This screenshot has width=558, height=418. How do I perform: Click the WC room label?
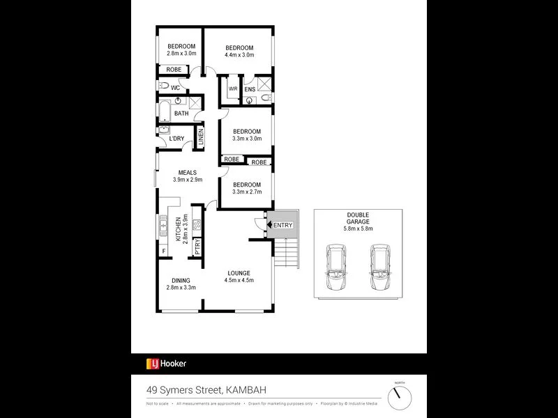176,88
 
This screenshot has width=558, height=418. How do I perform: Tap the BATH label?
181,114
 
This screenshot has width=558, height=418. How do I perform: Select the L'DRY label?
176,139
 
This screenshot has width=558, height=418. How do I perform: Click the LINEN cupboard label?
201,137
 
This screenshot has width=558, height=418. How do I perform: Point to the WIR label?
233,88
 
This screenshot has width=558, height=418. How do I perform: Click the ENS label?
250,89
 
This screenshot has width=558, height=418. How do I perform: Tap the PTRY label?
198,247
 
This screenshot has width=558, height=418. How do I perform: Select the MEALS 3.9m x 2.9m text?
187,176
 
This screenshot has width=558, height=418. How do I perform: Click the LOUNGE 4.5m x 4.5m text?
239,277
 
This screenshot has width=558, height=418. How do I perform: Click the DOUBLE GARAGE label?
358,221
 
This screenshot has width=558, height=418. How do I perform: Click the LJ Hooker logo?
166,363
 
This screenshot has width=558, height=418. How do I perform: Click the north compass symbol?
400,398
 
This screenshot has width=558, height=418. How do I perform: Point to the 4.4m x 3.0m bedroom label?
239,51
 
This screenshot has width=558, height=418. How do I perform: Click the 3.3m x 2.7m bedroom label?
247,189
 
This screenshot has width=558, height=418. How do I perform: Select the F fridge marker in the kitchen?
163,250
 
